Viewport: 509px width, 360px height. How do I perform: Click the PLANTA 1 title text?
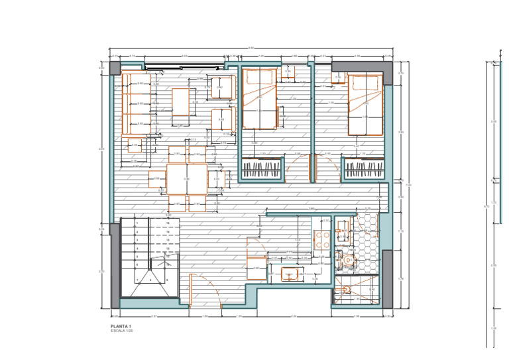(x=121, y=327)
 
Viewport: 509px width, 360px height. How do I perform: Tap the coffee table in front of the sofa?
(x=181, y=101)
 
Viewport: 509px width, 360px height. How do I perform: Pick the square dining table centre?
(x=186, y=179)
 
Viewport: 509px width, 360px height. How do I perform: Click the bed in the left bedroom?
(x=259, y=99)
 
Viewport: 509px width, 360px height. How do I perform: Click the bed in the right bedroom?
(x=366, y=105)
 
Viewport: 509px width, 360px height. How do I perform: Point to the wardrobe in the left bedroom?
(x=258, y=170)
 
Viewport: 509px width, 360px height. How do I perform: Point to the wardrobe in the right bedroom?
(x=363, y=169)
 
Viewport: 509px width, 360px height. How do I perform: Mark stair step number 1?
(x=137, y=224)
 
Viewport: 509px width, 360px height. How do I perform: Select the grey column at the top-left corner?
(x=115, y=68)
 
